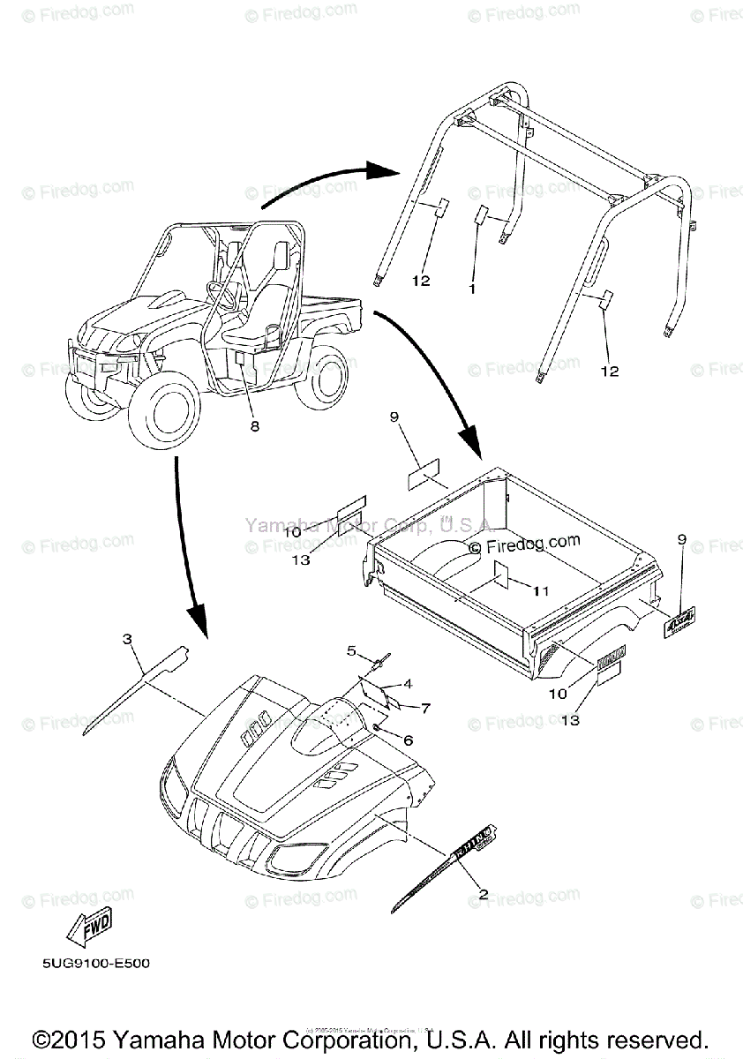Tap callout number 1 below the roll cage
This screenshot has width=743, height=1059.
[x=472, y=289]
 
